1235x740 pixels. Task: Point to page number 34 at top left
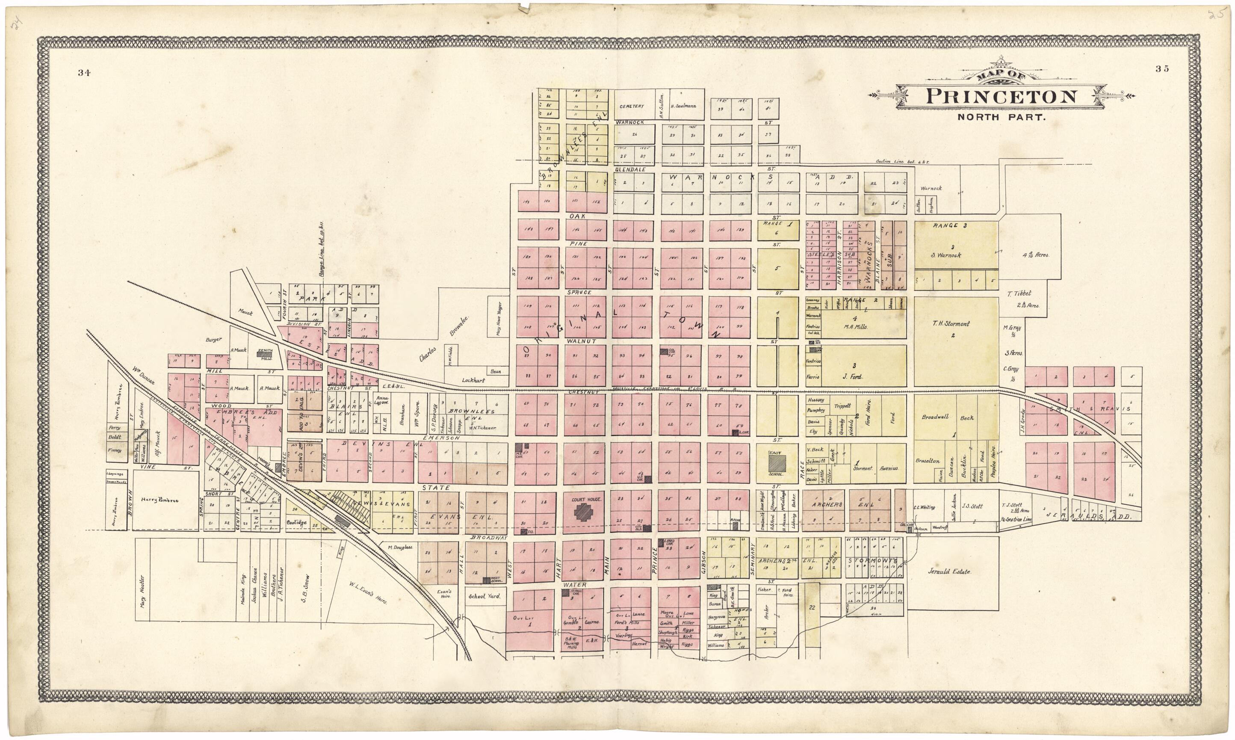84,73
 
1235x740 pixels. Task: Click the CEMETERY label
632,106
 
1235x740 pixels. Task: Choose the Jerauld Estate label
949,572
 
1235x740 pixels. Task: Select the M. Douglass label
400,548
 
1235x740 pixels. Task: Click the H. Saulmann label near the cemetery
686,106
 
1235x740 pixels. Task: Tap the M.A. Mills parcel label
856,327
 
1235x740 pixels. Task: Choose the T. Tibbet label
1019,294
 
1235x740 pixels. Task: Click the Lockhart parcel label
473,380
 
